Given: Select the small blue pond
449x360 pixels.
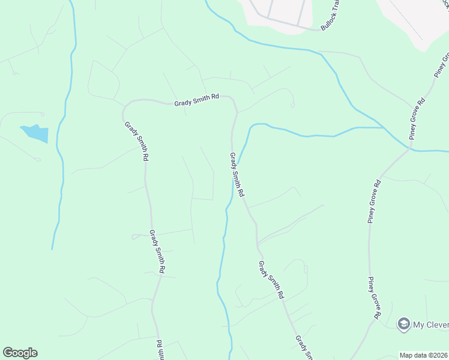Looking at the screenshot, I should coord(35,133).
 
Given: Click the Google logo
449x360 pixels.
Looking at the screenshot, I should coord(20,353).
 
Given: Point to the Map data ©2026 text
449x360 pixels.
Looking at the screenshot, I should coord(423,355).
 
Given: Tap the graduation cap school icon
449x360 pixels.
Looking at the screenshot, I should coord(403,324).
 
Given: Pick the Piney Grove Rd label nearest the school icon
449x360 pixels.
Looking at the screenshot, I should coord(376,298).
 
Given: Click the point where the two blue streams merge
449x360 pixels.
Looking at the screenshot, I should coord(384,128).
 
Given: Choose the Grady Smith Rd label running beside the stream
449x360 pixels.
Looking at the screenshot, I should coord(237,175).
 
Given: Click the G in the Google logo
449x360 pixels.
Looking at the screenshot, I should coord(8,353).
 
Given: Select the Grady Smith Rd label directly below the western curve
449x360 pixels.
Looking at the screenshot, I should coord(137,142).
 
